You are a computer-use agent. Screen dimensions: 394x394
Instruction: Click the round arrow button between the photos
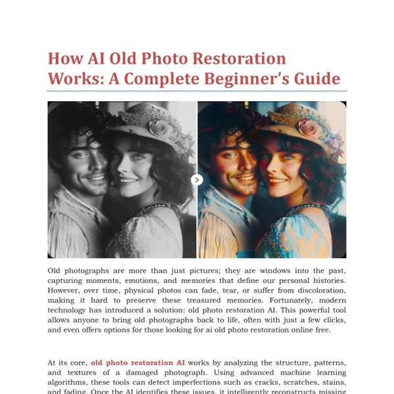(x=197, y=179)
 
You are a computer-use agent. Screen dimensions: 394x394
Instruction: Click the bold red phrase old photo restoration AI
(x=137, y=362)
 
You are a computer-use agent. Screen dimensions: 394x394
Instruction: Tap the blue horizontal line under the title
(x=197, y=91)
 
